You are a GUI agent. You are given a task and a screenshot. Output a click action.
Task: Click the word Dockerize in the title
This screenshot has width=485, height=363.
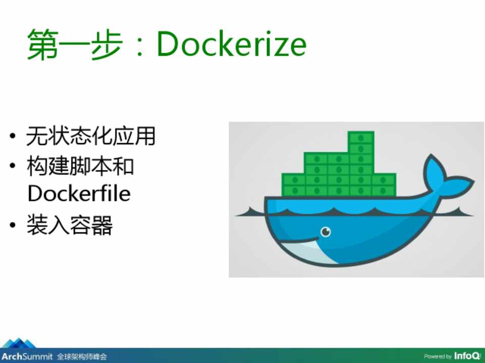(232, 43)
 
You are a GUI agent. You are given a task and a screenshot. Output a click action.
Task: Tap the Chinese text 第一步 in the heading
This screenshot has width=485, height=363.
(75, 44)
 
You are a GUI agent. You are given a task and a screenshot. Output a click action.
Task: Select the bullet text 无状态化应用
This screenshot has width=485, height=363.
(90, 136)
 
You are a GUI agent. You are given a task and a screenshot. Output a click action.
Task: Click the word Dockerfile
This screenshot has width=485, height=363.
(79, 193)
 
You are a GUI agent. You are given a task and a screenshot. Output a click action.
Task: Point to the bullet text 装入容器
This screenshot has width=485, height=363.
(70, 225)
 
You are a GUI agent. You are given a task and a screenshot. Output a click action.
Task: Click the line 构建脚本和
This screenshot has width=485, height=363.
(80, 166)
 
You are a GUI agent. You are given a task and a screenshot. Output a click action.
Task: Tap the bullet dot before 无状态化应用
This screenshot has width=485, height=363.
(12, 136)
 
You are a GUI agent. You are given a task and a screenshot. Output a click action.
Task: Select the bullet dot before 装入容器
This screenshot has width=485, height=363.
(12, 225)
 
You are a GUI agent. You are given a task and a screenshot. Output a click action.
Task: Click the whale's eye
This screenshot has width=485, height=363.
(325, 231)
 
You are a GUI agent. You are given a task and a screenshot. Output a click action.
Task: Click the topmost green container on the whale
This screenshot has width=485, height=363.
(361, 137)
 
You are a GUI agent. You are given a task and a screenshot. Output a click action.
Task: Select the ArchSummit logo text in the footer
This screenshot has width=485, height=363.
(27, 356)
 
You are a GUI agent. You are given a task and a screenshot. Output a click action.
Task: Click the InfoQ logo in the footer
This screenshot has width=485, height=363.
(467, 355)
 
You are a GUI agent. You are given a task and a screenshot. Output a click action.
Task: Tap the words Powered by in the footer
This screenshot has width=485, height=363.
(438, 356)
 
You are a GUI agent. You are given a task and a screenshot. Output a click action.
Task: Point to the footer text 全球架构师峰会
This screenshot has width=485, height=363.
(82, 357)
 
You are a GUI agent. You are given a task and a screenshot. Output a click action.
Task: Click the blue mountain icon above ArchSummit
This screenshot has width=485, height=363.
(19, 343)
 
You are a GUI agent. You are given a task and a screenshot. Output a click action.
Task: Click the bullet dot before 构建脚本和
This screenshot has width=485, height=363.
(12, 166)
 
